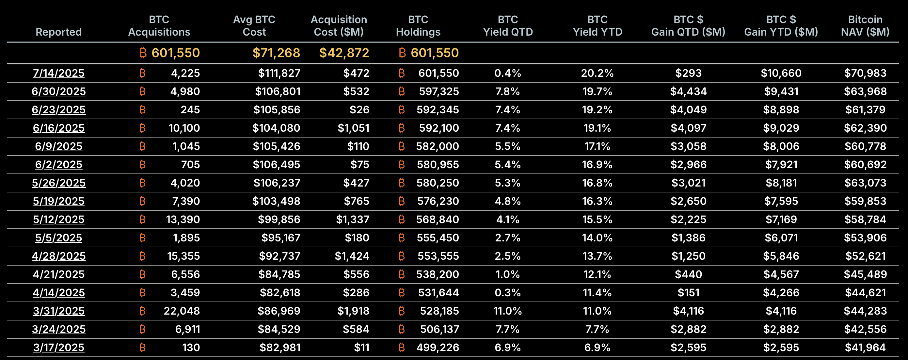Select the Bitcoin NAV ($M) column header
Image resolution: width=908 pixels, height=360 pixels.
tap(865, 26)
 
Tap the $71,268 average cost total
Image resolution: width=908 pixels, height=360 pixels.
tap(276, 53)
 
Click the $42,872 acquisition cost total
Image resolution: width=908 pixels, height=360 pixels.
tap(344, 53)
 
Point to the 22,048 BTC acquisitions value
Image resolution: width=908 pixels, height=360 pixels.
tap(182, 311)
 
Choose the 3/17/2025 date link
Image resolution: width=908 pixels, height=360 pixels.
tap(58, 347)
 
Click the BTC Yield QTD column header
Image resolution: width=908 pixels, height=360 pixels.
tap(508, 26)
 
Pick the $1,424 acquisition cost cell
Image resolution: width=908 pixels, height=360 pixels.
tap(352, 256)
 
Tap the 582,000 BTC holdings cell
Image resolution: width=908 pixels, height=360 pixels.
tap(437, 146)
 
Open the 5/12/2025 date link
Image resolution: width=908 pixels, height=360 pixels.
tap(58, 219)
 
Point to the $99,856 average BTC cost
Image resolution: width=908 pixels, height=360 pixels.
tap(279, 219)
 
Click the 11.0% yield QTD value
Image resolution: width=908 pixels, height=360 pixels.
tap(508, 311)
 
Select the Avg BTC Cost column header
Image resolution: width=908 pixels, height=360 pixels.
tap(254, 26)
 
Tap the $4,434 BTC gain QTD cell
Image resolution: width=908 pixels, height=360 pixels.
tap(688, 91)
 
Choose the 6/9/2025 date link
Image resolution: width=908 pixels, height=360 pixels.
tap(58, 146)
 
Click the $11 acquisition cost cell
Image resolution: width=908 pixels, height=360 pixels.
tap(362, 347)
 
